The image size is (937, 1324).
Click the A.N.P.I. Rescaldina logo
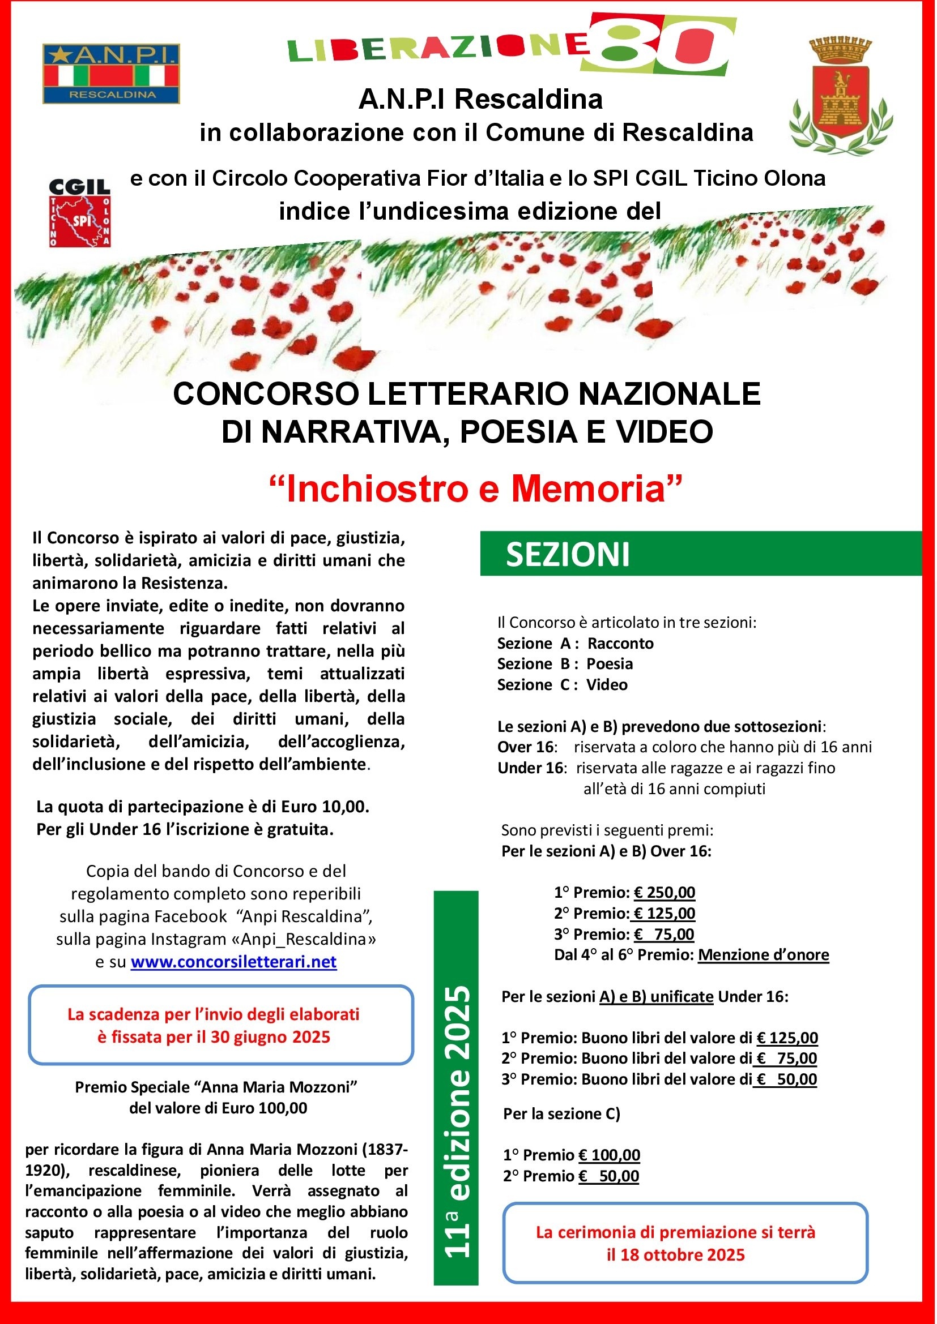(112, 74)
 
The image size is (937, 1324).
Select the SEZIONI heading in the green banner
(568, 555)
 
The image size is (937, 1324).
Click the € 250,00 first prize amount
(664, 893)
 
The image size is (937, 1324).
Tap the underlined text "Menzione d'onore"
(763, 955)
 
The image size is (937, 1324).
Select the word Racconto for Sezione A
(620, 644)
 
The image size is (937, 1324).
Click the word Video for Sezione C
(607, 685)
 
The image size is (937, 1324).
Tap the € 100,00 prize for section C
(610, 1155)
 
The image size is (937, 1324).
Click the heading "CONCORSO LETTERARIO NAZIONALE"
(467, 395)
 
